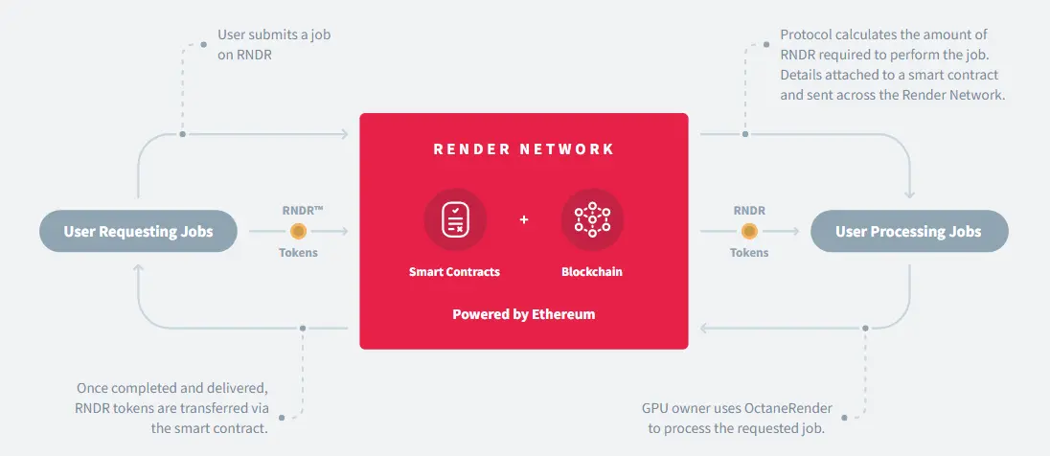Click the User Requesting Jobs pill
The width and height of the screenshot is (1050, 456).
pos(138,232)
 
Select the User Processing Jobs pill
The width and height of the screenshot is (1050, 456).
pos(909,232)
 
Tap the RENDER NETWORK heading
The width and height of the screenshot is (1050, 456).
pos(524,148)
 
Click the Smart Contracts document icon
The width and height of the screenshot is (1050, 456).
pos(455,219)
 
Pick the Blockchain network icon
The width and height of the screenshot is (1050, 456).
pos(592,219)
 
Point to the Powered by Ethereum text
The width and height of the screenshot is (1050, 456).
pos(524,314)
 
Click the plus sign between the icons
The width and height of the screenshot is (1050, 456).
pos(524,219)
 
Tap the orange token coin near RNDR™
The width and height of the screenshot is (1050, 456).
pos(299,232)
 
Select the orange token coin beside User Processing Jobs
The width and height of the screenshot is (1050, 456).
pos(749,232)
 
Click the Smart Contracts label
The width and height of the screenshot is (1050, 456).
pos(455,272)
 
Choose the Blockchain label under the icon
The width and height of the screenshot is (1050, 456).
pos(592,272)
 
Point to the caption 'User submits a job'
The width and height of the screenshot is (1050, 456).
pos(274,34)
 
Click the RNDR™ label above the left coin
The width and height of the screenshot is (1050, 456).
pos(303,211)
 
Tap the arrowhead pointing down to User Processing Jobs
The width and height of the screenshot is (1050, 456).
pos(909,194)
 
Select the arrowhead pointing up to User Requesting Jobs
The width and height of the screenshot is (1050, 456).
pos(138,268)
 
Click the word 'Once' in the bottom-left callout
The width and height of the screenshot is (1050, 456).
pos(92,388)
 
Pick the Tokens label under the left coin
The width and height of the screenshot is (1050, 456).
pos(299,253)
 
